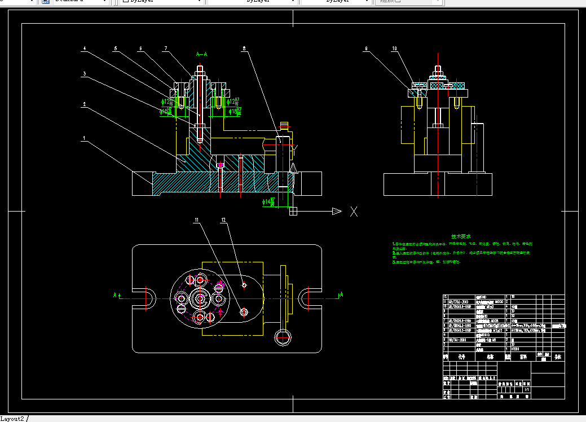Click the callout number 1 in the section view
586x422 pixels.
(84, 138)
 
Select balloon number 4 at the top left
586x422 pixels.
(84, 49)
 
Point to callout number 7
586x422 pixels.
(166, 49)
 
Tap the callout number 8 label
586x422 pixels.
(244, 49)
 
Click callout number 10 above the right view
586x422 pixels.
(395, 49)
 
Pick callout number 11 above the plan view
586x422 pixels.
(197, 222)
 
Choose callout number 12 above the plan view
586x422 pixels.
(223, 222)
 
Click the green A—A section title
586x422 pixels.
(201, 55)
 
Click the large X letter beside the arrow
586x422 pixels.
(354, 212)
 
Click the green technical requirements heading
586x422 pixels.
(461, 236)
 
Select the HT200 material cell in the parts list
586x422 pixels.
(514, 350)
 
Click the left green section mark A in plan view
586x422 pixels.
(115, 294)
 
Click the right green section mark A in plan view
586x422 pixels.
(341, 294)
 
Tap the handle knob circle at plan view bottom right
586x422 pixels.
(282, 337)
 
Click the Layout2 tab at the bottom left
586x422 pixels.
(12, 418)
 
